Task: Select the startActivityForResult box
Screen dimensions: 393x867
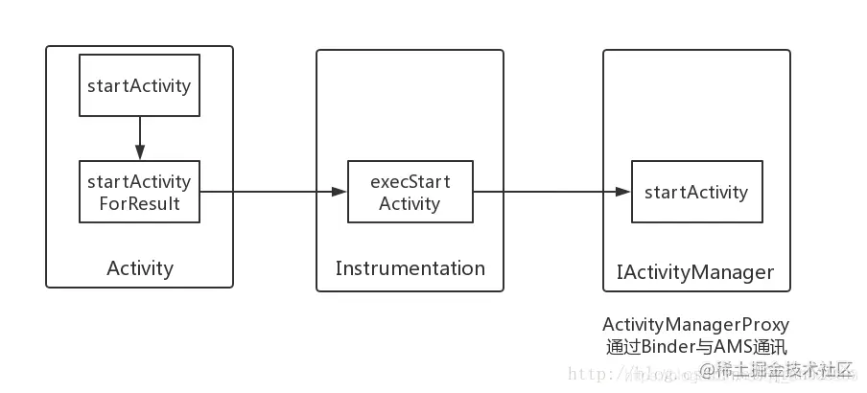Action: (139, 192)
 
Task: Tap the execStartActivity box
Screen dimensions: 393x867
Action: (410, 192)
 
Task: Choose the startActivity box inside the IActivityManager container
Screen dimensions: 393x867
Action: (696, 192)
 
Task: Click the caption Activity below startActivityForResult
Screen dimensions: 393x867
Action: (140, 268)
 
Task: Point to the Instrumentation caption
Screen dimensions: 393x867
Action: (410, 268)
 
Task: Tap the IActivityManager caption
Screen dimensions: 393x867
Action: (694, 272)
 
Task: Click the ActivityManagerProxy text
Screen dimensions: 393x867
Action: (695, 324)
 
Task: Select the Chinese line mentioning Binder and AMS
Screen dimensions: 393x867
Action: (695, 346)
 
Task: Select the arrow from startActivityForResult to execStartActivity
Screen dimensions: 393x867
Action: (269, 192)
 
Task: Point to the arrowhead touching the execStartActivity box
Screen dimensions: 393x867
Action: (340, 192)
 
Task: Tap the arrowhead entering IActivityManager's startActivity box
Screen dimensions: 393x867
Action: (624, 192)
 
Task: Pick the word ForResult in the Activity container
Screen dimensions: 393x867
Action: (139, 203)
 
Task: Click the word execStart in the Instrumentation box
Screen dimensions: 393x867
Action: (410, 181)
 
